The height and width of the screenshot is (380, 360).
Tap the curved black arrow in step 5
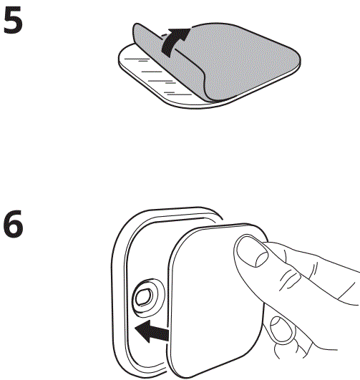tap(172, 41)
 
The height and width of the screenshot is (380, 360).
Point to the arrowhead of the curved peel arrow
tap(183, 32)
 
